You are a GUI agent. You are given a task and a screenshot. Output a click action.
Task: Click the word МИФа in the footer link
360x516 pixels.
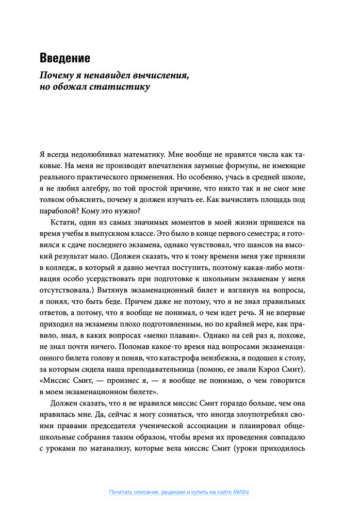[240, 492]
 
